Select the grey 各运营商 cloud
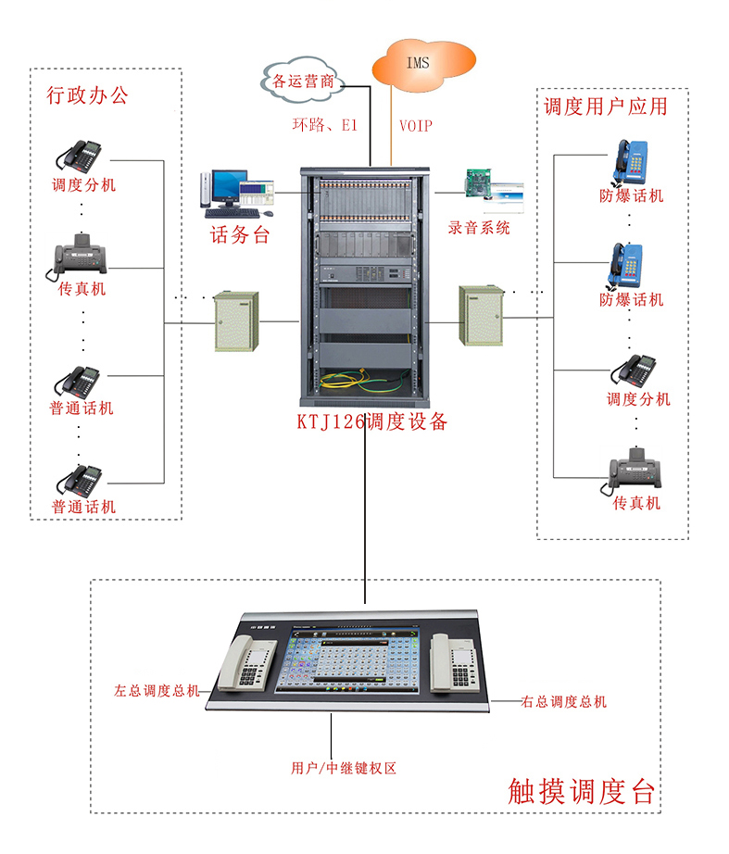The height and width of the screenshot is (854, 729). click(x=303, y=81)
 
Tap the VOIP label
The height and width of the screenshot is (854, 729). click(x=415, y=126)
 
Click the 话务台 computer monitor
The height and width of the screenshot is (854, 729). click(x=227, y=188)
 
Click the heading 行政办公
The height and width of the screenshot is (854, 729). click(x=88, y=95)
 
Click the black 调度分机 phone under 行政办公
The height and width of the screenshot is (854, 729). click(x=82, y=154)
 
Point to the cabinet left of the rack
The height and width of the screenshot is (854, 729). click(x=236, y=320)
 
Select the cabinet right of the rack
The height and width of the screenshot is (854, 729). click(x=482, y=317)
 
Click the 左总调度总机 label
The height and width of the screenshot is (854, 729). click(x=156, y=691)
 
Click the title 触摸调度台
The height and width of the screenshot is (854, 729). click(x=582, y=790)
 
